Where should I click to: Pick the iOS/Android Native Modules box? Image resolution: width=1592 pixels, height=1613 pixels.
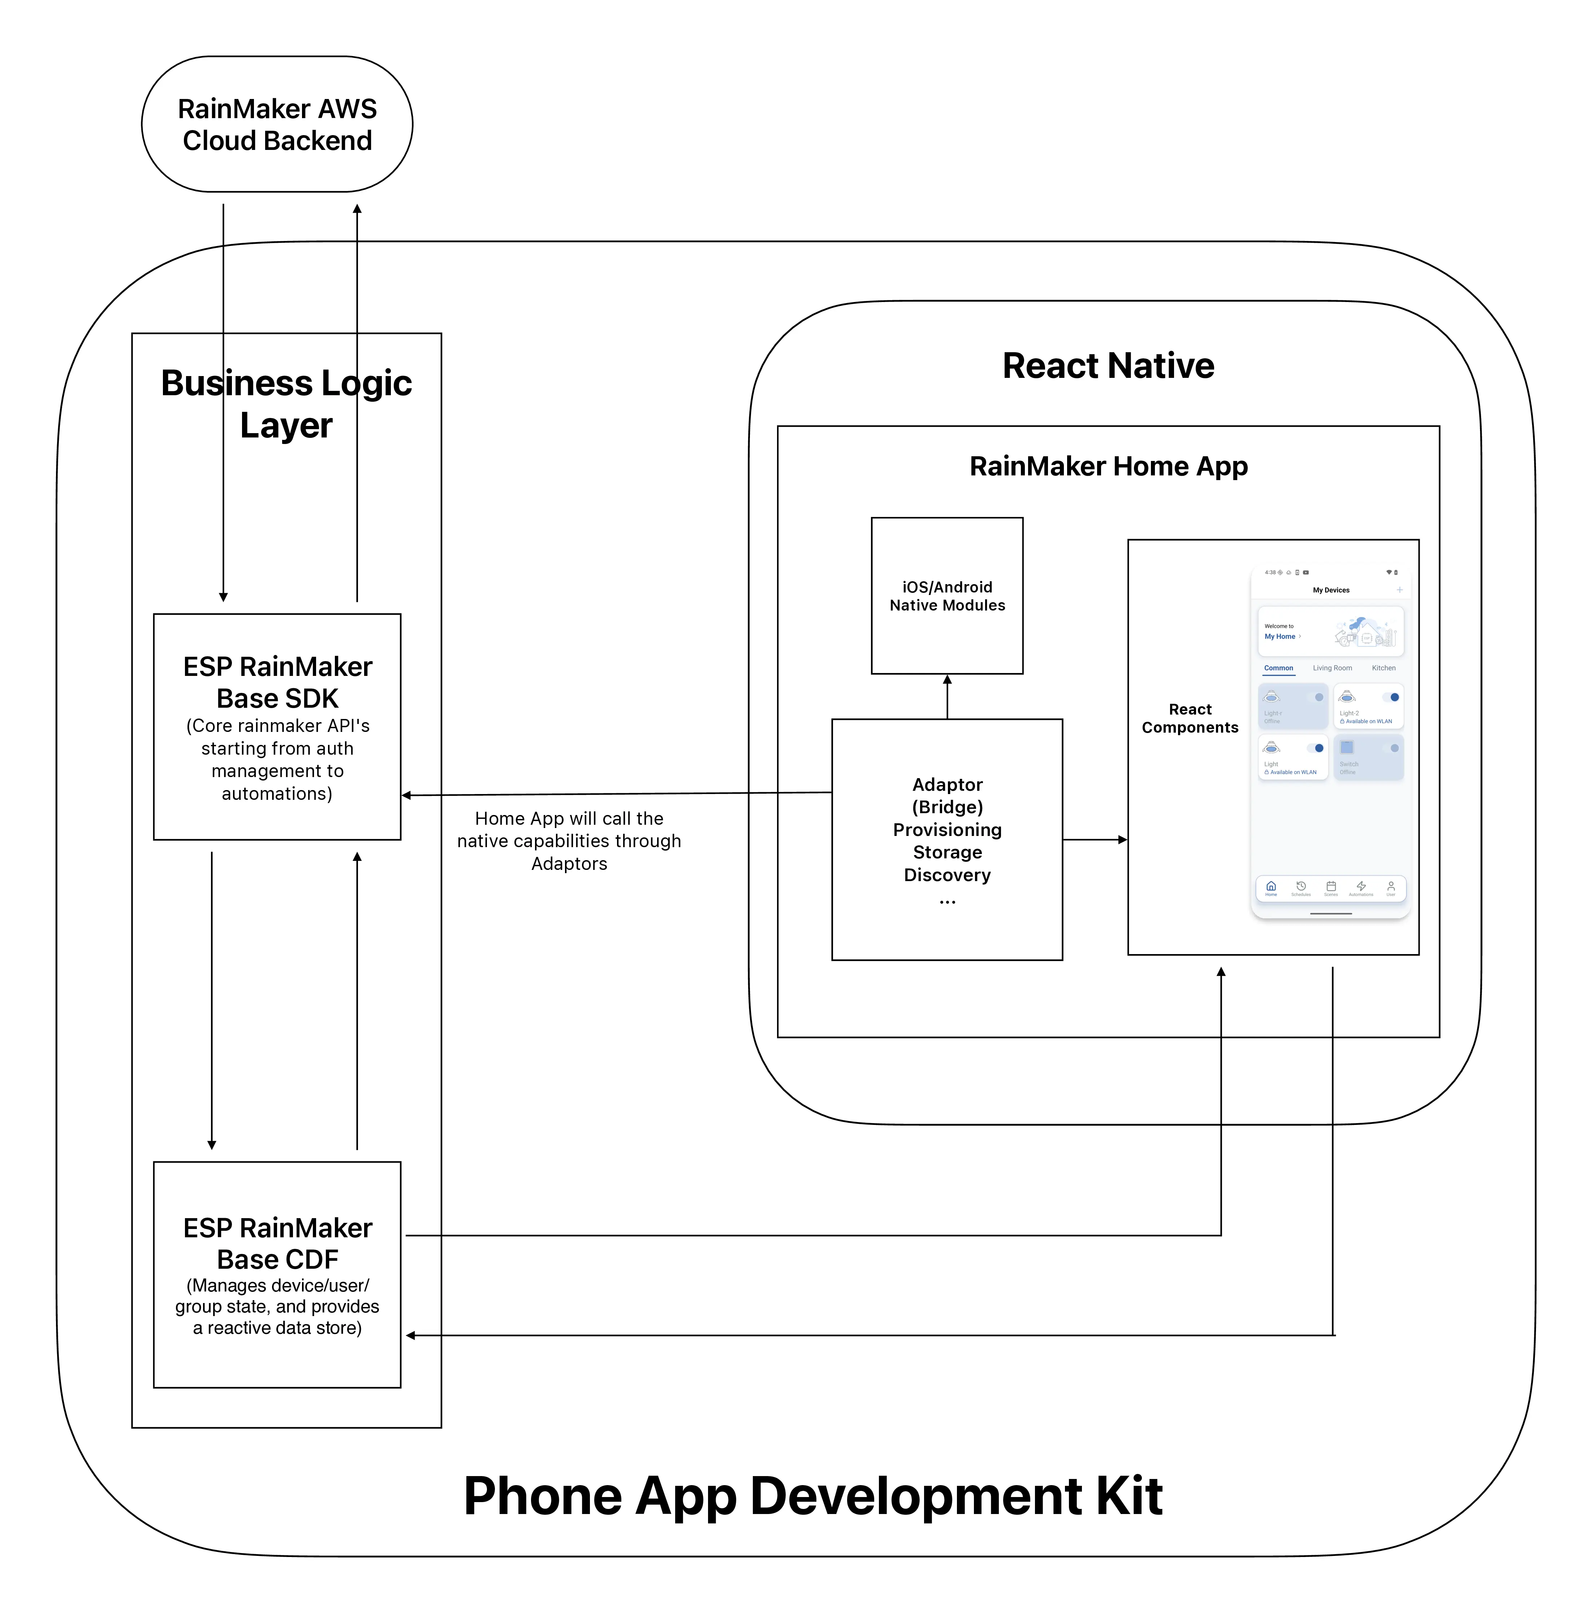[x=947, y=595]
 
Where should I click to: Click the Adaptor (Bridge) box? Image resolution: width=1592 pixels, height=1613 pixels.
[x=947, y=839]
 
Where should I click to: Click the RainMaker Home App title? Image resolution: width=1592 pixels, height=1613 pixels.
[x=1108, y=466]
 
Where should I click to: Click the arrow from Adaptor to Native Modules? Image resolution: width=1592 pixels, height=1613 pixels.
[x=947, y=696]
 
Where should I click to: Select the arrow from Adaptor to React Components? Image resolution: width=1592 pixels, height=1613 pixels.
[x=1093, y=839]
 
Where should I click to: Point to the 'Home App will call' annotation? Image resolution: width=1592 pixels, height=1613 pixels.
[x=569, y=841]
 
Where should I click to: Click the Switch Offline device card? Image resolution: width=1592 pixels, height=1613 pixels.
[x=1367, y=756]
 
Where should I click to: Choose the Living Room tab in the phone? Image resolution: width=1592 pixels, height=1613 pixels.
[x=1332, y=668]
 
